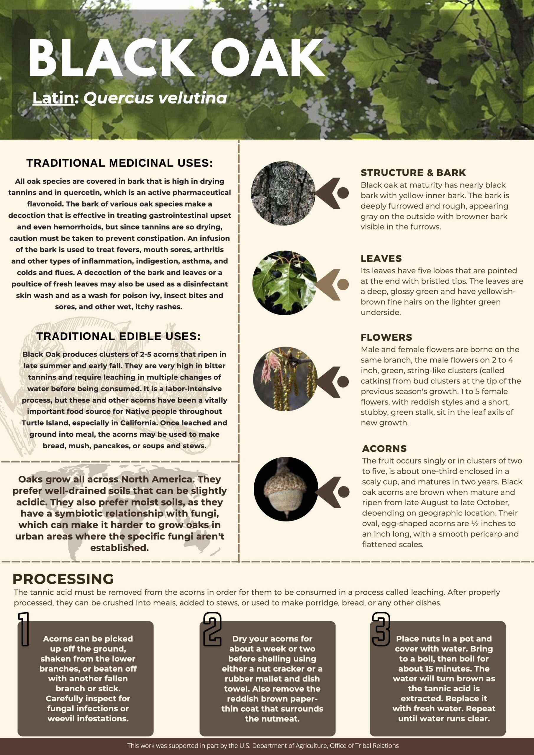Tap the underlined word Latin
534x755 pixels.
coord(54,98)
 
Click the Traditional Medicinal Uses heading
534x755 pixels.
coord(119,163)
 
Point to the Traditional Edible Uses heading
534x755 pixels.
coord(118,336)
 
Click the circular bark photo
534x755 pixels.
coord(283,193)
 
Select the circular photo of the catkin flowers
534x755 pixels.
coord(285,379)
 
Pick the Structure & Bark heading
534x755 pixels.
coord(413,173)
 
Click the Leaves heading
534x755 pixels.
coord(381,258)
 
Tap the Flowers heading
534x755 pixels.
coord(386,337)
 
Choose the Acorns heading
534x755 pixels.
coord(384,449)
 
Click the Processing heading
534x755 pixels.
coord(63,579)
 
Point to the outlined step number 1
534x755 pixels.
coord(24,629)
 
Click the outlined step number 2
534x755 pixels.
coord(212,629)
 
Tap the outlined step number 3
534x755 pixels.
coord(381,629)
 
